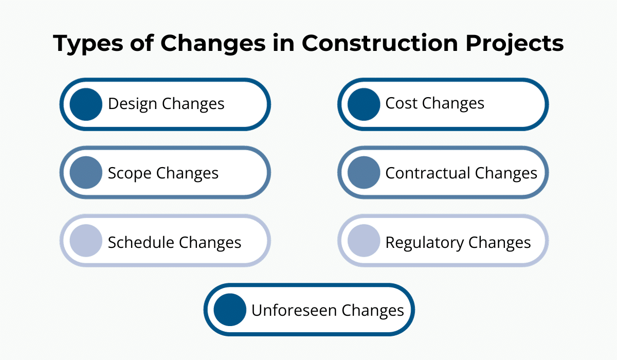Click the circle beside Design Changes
coord(86,104)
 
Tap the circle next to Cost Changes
coord(364,104)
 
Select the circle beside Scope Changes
coord(86,173)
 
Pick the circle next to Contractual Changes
coord(364,173)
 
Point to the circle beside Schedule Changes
coord(86,241)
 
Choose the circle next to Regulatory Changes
coord(364,241)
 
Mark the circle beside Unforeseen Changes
coord(230,310)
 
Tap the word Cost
coord(401,103)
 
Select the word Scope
coord(130,174)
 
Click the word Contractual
coord(428,173)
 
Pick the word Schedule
coord(141,242)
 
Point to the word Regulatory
coord(425,243)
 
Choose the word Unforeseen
coord(294,310)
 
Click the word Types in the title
coord(88,44)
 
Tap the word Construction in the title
coord(379,43)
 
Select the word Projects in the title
coord(515,44)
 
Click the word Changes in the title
coord(213,44)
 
